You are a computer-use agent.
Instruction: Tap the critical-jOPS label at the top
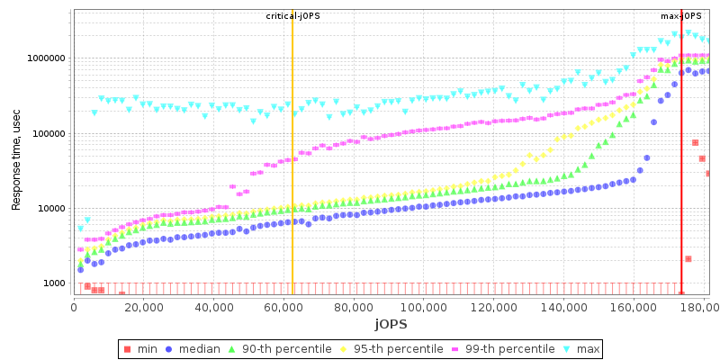[292, 16]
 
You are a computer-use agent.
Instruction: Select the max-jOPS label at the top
[681, 16]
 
